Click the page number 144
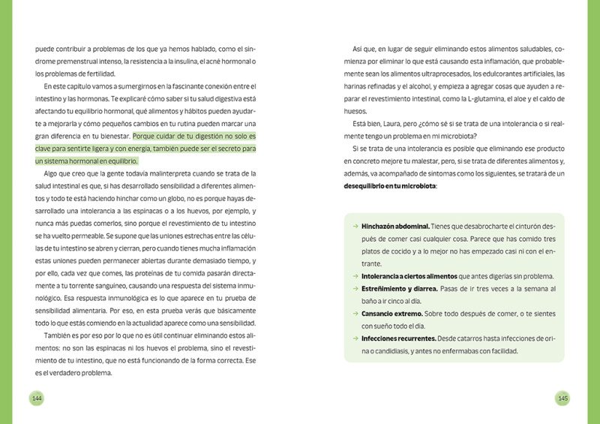[x=35, y=397]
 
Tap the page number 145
[x=563, y=397]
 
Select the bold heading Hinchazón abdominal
[x=396, y=226]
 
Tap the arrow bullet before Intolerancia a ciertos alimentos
[x=355, y=276]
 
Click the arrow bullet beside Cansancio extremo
[x=355, y=314]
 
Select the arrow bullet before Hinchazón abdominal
[x=355, y=226]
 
